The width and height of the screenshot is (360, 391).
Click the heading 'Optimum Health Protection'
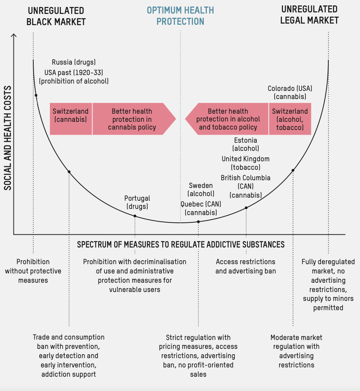click(x=180, y=16)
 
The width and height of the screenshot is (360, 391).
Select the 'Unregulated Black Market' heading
click(x=56, y=16)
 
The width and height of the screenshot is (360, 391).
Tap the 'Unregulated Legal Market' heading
click(x=309, y=15)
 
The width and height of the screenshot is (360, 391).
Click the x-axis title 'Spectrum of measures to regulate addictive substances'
click(x=181, y=244)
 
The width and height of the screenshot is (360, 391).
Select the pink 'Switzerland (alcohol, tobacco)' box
click(x=290, y=119)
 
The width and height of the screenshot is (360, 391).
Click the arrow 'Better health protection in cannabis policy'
click(x=132, y=119)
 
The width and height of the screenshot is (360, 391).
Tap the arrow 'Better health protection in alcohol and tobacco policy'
click(x=228, y=119)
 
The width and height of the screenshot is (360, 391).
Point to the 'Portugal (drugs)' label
click(x=137, y=202)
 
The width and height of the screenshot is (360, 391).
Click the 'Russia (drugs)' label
click(x=73, y=62)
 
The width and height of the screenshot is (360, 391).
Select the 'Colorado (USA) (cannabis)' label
click(x=290, y=92)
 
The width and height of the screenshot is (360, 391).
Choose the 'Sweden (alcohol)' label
click(x=201, y=190)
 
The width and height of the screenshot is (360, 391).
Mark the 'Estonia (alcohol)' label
click(x=246, y=144)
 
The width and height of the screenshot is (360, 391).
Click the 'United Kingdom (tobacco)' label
click(x=246, y=163)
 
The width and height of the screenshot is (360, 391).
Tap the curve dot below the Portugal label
click(x=135, y=216)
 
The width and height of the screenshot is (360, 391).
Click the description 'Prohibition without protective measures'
click(x=33, y=271)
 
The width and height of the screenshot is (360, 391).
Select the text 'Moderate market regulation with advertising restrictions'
click(x=297, y=351)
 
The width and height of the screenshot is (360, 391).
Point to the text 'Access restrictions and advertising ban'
click(x=246, y=266)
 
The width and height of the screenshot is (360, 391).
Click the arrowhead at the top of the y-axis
click(x=14, y=36)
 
